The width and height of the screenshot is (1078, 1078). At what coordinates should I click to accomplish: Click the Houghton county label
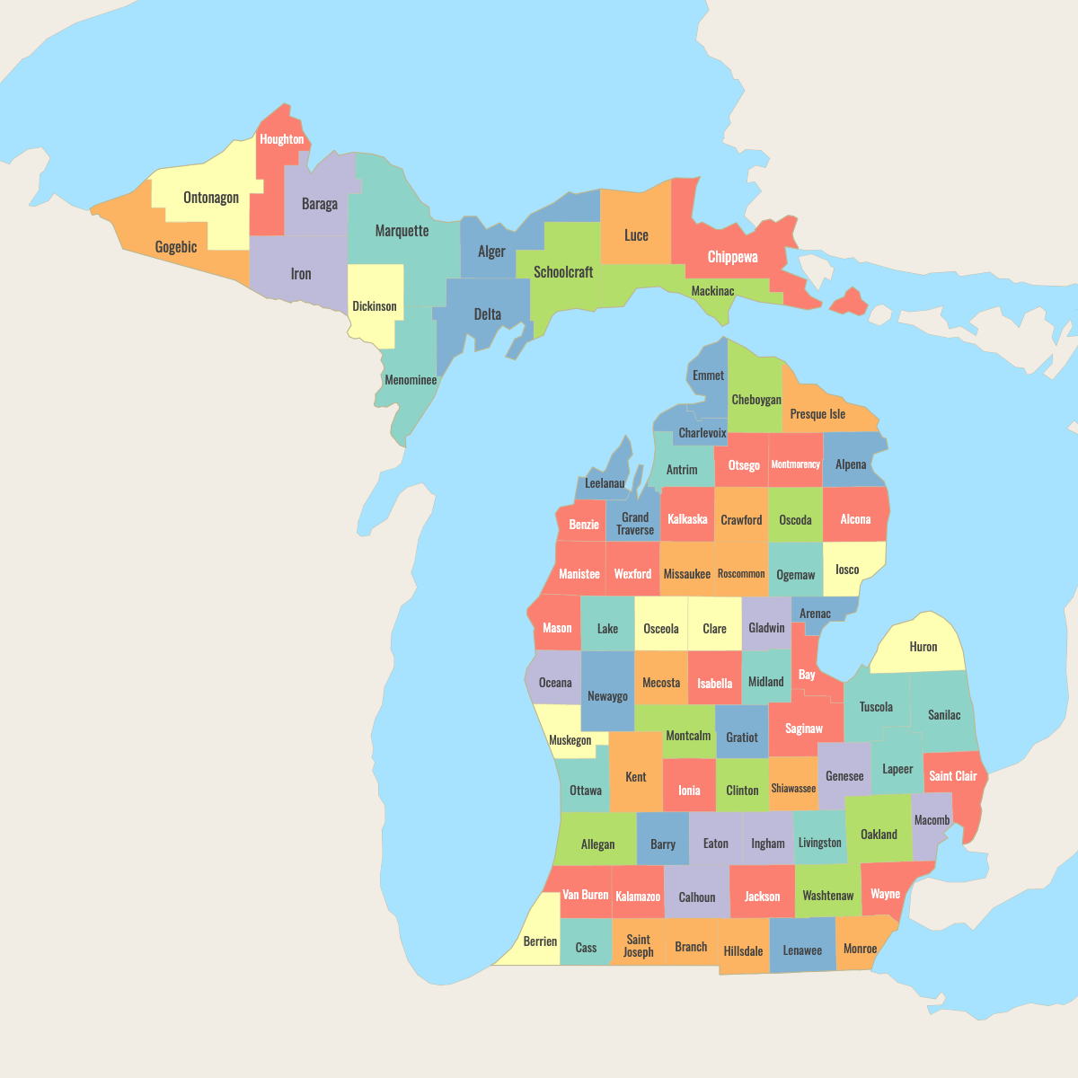281,139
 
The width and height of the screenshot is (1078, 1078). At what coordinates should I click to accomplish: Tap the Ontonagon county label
211,198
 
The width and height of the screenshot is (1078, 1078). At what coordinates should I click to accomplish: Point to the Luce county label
636,235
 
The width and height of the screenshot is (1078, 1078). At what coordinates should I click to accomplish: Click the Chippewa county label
732,257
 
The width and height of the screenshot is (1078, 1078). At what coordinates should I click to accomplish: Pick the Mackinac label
712,291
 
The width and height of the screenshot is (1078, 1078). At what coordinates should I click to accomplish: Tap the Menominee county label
411,380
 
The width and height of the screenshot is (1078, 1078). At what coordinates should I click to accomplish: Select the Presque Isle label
817,414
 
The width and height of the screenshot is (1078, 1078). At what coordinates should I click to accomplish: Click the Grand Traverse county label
635,524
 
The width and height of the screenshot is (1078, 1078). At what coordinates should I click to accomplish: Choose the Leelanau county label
605,483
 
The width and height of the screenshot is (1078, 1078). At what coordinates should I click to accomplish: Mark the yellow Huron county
923,647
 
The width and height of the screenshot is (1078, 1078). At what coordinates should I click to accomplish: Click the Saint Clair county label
952,776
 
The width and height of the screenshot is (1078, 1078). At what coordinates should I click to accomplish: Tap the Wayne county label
885,894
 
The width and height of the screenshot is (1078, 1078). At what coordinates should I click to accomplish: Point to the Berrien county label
540,941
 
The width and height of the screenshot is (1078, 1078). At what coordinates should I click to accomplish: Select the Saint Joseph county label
638,946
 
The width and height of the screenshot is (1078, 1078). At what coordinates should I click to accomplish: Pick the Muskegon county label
570,740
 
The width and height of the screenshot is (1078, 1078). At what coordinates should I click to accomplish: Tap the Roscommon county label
741,574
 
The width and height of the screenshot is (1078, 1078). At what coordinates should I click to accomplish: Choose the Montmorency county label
795,464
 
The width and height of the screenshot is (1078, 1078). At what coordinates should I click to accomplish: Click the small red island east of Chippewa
849,303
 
